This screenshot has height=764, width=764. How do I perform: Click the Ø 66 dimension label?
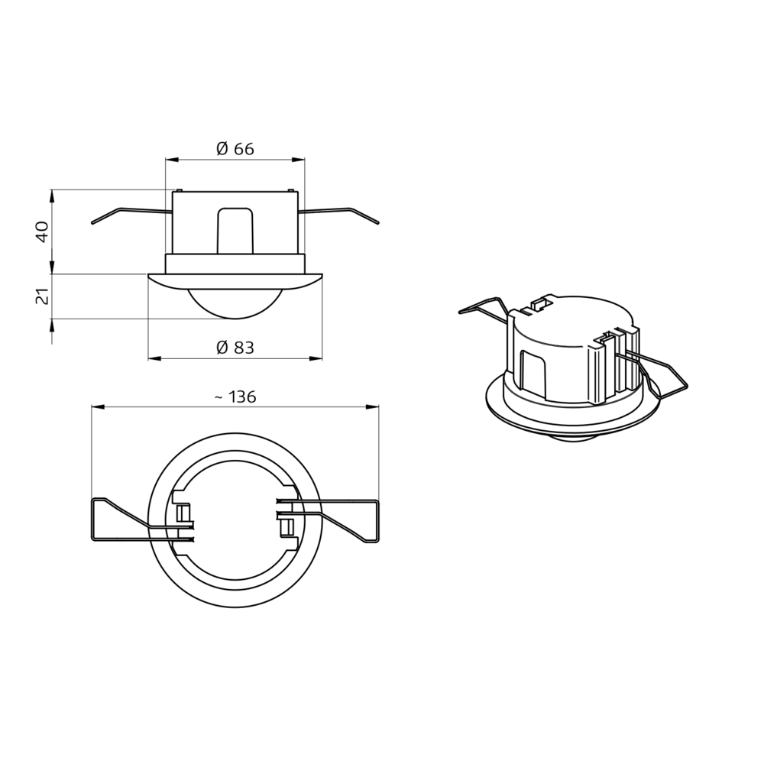pos(235,149)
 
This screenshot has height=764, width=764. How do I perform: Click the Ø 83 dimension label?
pos(235,348)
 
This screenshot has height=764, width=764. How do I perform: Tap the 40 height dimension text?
pos(43,231)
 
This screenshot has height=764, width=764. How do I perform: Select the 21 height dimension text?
pos(43,296)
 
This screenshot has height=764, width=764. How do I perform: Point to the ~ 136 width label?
pos(235,397)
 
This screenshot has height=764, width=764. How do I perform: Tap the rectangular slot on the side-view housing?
pos(235,229)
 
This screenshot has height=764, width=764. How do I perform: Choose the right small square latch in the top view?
pos(287,527)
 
